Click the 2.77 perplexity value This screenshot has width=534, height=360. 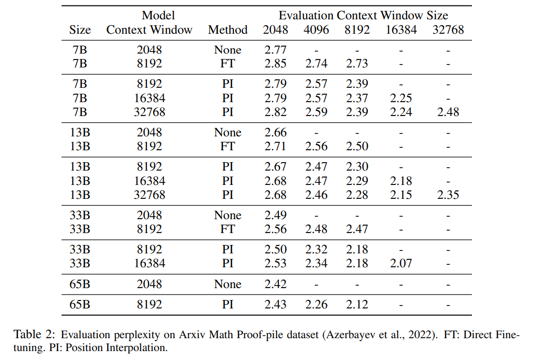275,50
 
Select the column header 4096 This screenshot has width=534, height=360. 316,30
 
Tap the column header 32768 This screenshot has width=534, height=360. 448,30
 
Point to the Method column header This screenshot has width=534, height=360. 228,30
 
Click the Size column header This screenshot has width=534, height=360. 80,30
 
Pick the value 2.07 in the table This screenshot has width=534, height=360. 400,263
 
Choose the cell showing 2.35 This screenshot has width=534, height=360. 448,195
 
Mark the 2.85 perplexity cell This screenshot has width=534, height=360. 275,64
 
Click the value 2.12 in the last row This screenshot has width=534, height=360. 357,304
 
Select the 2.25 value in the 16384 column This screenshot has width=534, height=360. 400,98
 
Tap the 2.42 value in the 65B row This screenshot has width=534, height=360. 275,284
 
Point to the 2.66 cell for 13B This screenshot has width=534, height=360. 275,133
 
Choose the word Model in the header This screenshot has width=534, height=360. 158,15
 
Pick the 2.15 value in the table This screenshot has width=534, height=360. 400,195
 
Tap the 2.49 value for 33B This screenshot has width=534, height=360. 275,216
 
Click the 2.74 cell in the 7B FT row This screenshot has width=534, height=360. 316,64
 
